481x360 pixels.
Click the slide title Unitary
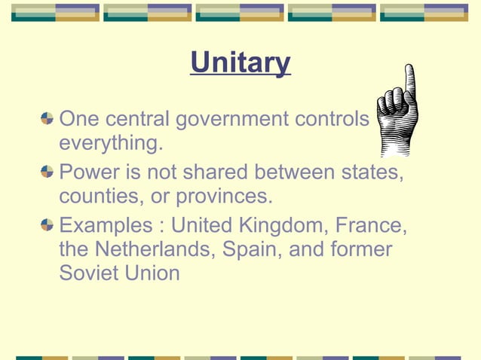pos(240,63)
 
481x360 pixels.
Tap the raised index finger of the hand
pos(409,83)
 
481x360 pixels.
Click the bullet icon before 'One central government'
pos(47,118)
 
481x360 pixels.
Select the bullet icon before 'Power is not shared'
pos(47,172)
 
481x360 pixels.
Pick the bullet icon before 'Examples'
pos(47,225)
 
